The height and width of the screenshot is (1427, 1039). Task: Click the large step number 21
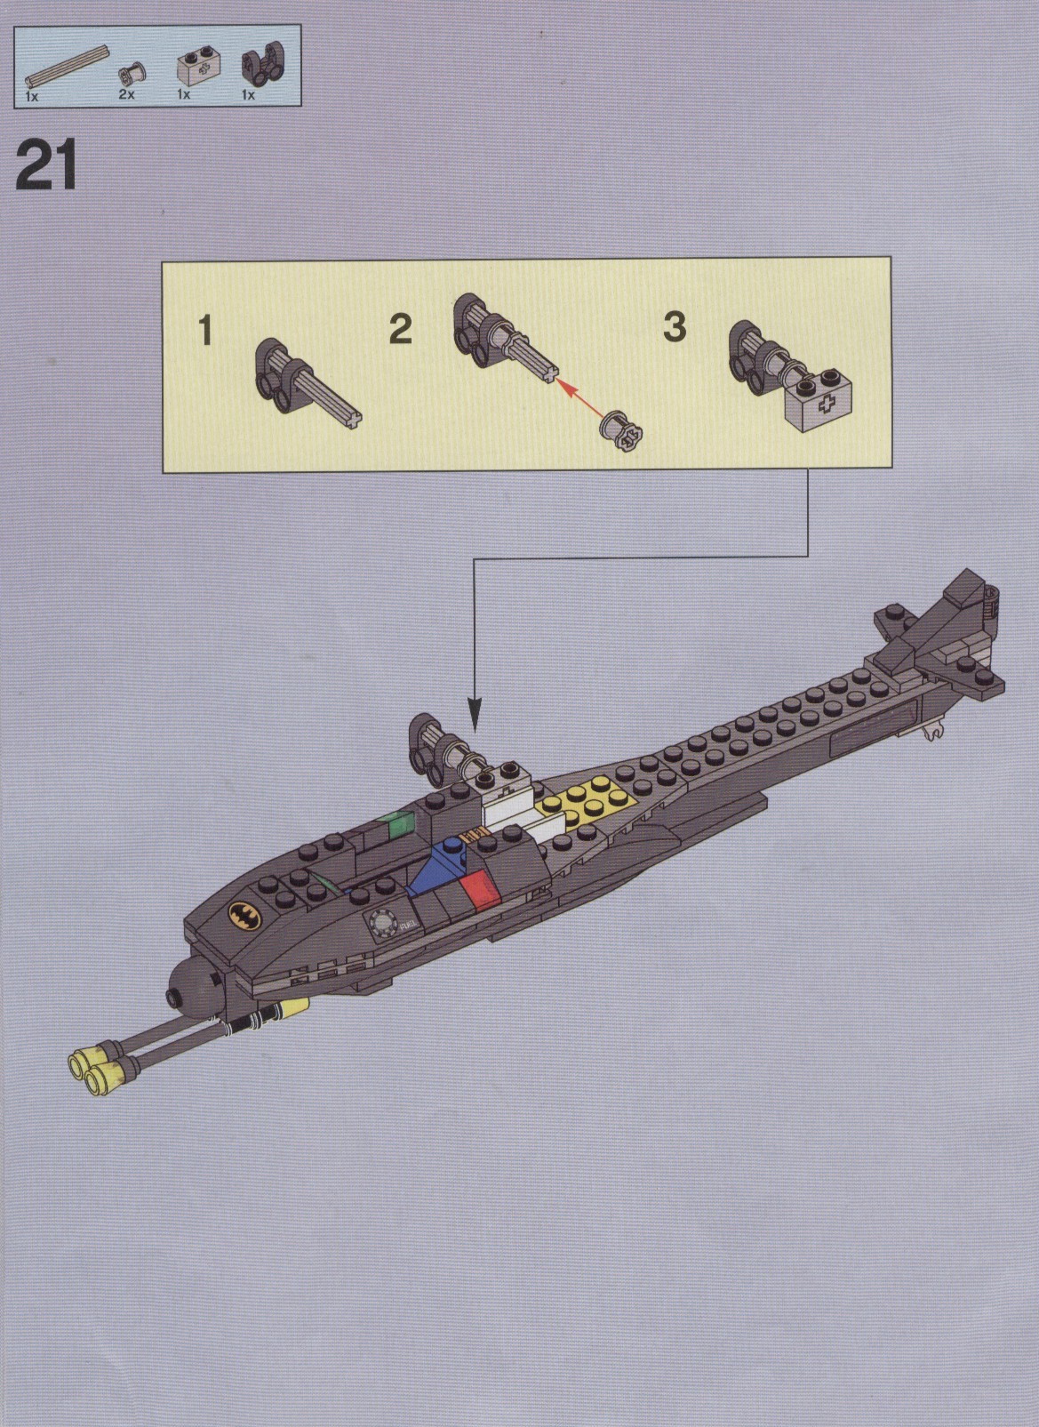(x=45, y=164)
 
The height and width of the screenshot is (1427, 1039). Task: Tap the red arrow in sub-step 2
(x=580, y=400)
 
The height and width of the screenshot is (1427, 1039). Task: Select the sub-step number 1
(x=205, y=332)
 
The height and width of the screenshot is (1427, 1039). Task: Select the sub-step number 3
(x=675, y=327)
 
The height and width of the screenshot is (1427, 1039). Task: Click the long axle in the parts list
(x=68, y=66)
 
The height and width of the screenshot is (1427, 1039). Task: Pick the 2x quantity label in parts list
(x=127, y=95)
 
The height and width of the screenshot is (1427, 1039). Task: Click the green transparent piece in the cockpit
(x=394, y=826)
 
